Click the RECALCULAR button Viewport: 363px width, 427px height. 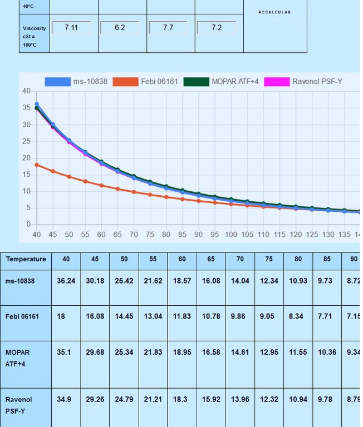(x=274, y=12)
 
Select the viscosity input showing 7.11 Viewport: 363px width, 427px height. (x=71, y=27)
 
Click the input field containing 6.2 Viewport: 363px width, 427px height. (x=120, y=27)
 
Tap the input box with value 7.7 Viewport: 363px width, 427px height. (x=168, y=27)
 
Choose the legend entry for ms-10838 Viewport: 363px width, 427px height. (x=78, y=82)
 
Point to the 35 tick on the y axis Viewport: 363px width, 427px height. (x=26, y=108)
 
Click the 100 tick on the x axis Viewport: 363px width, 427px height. (x=230, y=235)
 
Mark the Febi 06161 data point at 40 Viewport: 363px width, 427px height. (x=37, y=165)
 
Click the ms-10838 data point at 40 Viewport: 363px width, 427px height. (x=37, y=104)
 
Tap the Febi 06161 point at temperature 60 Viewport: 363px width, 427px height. (x=101, y=185)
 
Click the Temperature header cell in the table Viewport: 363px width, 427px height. (x=26, y=259)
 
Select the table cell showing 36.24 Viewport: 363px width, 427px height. (x=66, y=281)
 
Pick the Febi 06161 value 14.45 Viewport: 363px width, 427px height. (x=124, y=316)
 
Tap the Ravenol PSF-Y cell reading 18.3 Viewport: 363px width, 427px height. (x=182, y=399)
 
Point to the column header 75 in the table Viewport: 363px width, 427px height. (x=269, y=259)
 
